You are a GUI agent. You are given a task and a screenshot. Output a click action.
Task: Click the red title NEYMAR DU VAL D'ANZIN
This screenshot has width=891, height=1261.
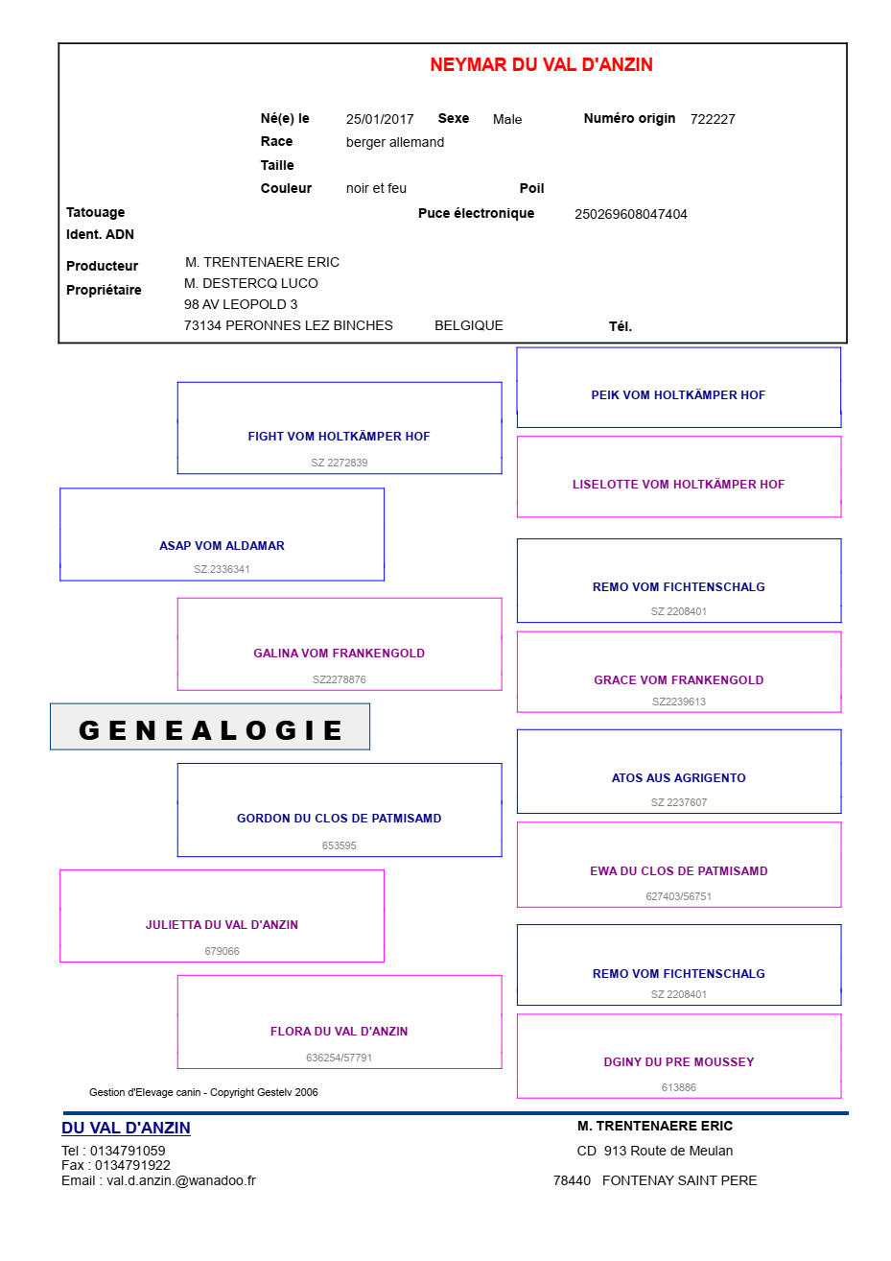(x=541, y=64)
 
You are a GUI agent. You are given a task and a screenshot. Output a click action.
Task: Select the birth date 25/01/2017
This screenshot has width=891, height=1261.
(x=380, y=119)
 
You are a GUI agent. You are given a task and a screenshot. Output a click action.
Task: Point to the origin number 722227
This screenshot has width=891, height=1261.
(x=713, y=119)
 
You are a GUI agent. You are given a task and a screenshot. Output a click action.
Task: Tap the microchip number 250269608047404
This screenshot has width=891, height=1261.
(x=630, y=214)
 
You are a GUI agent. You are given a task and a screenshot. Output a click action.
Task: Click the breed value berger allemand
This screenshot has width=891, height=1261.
(x=395, y=142)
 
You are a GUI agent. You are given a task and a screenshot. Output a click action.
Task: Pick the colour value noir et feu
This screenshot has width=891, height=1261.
(x=376, y=189)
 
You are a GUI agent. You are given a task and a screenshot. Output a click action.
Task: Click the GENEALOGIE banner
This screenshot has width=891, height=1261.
(x=210, y=726)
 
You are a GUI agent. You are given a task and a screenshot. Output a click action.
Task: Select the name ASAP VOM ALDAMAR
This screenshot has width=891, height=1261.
(x=222, y=546)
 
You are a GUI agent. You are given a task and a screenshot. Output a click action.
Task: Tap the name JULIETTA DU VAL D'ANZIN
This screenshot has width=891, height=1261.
(x=222, y=925)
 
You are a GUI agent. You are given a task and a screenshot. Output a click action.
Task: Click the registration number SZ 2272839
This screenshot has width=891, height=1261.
(x=340, y=463)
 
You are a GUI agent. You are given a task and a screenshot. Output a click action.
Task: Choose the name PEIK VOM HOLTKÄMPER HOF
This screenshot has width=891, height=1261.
(x=678, y=395)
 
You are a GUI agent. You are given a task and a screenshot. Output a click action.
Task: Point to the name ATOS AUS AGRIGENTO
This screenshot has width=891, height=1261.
(x=678, y=778)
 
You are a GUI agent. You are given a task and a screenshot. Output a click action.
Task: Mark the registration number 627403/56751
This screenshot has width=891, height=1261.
(x=678, y=896)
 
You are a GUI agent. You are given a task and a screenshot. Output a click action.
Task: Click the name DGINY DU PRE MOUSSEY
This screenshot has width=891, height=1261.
(x=678, y=1062)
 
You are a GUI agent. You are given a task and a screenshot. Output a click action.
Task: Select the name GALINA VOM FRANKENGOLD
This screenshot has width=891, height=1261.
(x=339, y=654)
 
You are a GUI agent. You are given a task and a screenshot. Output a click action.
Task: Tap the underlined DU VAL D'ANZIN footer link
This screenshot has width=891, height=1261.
(x=126, y=1129)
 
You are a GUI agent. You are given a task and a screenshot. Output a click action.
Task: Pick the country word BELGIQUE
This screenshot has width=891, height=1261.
(x=469, y=326)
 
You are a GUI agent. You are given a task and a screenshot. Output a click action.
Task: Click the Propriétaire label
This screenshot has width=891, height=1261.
(x=104, y=291)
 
